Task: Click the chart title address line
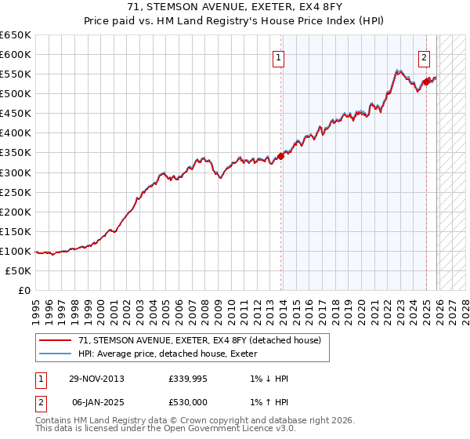[x=234, y=7]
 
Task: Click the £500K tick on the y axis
[x=16, y=94]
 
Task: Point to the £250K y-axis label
[x=16, y=192]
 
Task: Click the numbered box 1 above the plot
[x=279, y=56]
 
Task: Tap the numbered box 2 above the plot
[x=424, y=56]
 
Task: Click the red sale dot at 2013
[x=281, y=157]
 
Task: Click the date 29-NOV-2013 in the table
[x=96, y=379]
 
